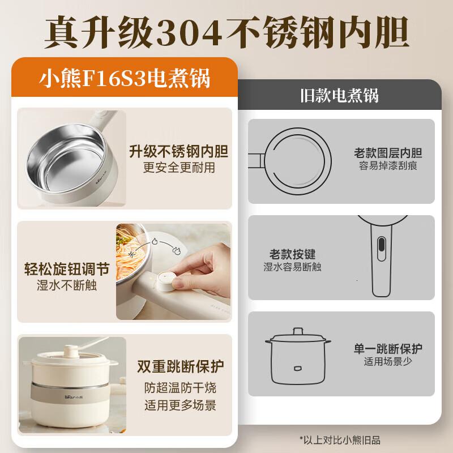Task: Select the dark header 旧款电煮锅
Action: click(x=339, y=95)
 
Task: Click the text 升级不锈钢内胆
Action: click(x=178, y=152)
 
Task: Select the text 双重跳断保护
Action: click(x=178, y=367)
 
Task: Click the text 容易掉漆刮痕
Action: click(x=388, y=166)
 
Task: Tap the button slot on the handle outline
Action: click(x=382, y=246)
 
